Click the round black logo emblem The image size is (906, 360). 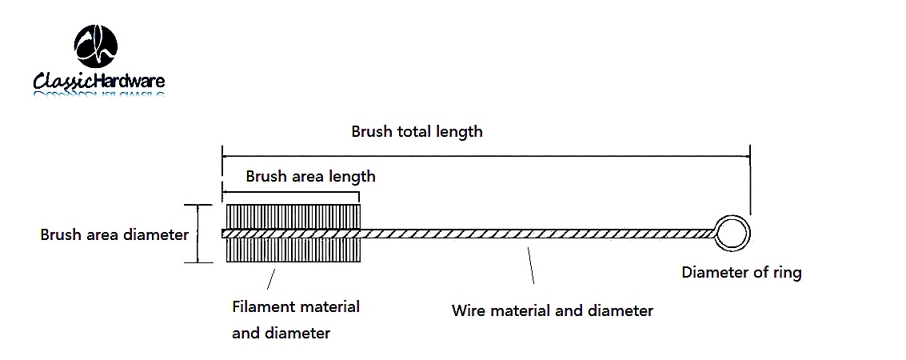(x=96, y=46)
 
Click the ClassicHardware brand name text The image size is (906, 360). (x=99, y=80)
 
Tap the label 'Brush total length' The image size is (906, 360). (x=417, y=132)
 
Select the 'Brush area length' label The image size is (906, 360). (x=310, y=176)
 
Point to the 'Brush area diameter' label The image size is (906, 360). (x=114, y=235)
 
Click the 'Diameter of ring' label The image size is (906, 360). (x=741, y=272)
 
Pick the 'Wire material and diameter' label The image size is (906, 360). (x=552, y=311)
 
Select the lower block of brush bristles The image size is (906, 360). (x=293, y=250)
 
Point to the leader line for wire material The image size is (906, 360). (x=530, y=266)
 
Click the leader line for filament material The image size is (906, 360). (x=270, y=279)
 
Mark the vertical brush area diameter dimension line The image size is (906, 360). (x=198, y=234)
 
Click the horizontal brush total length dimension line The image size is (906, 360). (x=486, y=156)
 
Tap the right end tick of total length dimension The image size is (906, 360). (x=750, y=180)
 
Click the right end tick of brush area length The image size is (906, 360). (x=359, y=197)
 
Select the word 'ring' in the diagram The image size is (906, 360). (x=787, y=274)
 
